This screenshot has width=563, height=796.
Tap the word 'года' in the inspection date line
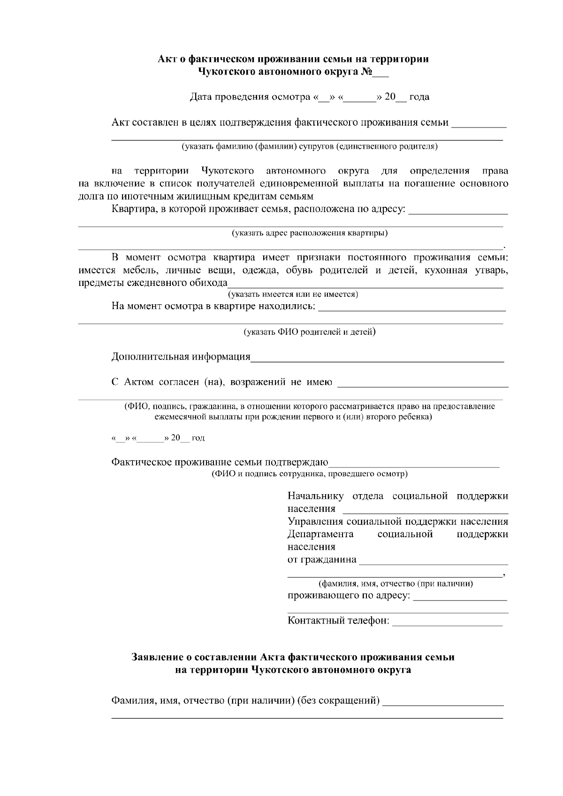[x=419, y=98]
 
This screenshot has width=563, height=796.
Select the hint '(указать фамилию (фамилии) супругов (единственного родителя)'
[x=310, y=146]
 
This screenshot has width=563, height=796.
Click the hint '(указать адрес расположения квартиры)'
[x=310, y=233]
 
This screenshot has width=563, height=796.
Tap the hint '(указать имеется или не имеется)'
[x=293, y=294]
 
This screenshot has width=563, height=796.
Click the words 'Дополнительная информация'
[x=181, y=357]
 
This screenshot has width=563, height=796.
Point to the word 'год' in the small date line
[x=198, y=438]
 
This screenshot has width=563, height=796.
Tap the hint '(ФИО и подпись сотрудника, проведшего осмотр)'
[x=310, y=474]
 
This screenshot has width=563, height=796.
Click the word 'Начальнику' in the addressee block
[x=315, y=496]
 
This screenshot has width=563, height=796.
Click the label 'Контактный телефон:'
[x=338, y=621]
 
